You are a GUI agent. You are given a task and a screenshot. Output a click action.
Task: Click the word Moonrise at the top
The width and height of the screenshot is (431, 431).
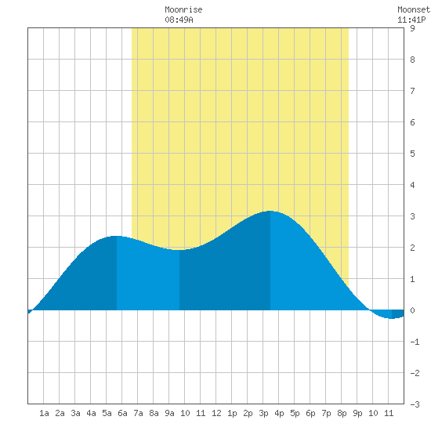[183, 9]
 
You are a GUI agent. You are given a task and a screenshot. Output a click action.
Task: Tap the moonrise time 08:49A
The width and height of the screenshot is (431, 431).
[179, 20]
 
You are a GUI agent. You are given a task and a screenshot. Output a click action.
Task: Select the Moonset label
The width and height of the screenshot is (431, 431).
[414, 9]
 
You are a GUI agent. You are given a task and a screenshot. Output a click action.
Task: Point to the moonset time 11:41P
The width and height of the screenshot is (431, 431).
[411, 20]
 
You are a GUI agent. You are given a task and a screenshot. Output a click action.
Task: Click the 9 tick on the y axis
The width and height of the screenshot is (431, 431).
[412, 28]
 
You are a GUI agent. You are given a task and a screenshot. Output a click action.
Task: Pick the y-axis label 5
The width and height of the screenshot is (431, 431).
[412, 154]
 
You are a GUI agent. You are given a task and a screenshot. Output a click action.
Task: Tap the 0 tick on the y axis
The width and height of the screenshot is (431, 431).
[412, 310]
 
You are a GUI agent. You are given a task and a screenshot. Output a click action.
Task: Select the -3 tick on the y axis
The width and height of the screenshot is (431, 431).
[415, 404]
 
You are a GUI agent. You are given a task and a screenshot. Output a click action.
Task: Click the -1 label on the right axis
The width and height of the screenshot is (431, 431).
[415, 342]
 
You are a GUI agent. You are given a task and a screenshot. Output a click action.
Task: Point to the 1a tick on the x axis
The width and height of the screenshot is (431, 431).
[44, 413]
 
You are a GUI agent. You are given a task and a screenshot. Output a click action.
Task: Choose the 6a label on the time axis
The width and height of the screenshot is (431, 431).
[122, 413]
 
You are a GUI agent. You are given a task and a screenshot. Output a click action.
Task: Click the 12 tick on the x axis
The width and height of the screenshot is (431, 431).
[216, 413]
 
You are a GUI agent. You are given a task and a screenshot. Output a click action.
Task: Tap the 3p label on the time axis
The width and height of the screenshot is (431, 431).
[263, 413]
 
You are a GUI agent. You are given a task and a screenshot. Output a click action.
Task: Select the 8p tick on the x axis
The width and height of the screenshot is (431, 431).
[342, 413]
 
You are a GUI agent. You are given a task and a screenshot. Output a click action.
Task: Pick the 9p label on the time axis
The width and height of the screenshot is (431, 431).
[357, 413]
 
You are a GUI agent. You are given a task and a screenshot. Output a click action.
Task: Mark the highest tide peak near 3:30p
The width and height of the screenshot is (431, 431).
[270, 211]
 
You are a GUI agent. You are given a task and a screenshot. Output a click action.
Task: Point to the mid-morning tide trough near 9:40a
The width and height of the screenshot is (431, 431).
[179, 250]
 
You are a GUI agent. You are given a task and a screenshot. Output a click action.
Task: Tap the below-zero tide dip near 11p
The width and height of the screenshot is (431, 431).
[392, 318]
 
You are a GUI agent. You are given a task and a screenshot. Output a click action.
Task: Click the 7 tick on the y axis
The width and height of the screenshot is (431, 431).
[412, 91]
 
